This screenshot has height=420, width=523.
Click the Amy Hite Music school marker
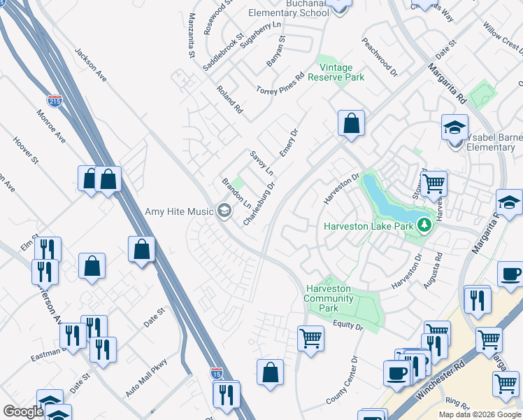(x=224, y=210)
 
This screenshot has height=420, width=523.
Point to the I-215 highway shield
(x=55, y=101)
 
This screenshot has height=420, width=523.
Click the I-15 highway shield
(x=217, y=374)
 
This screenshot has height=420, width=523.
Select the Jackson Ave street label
(x=90, y=64)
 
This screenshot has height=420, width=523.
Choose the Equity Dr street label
(x=348, y=325)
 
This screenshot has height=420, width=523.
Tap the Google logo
(x=23, y=412)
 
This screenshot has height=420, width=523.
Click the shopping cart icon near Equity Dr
(x=310, y=338)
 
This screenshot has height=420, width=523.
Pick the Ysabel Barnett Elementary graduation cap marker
(x=454, y=129)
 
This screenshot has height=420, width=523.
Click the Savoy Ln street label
(x=261, y=162)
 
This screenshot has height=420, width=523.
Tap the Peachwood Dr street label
(x=380, y=57)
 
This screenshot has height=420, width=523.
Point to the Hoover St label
(x=26, y=150)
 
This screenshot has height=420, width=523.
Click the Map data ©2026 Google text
(x=478, y=414)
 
